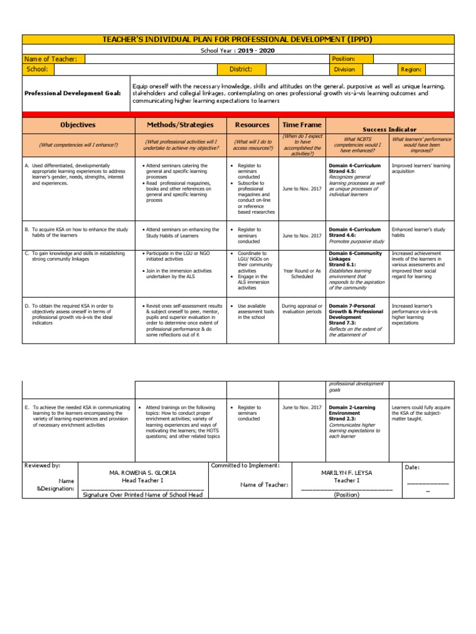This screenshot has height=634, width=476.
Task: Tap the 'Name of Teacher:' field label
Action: click(51, 59)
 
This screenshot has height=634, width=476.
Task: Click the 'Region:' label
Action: click(411, 70)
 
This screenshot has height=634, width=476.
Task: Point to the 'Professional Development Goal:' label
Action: click(72, 93)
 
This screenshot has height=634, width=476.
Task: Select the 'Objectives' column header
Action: click(77, 125)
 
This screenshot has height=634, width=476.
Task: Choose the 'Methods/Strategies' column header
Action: click(180, 125)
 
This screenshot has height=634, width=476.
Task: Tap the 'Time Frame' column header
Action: click(302, 125)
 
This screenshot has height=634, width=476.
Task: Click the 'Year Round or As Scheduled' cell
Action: click(302, 274)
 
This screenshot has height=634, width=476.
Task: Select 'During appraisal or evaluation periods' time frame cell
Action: click(302, 309)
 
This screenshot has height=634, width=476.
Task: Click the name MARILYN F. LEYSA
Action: click(346, 472)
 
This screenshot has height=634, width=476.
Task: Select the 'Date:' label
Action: click(412, 467)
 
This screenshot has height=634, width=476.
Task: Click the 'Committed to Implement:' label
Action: click(245, 465)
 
